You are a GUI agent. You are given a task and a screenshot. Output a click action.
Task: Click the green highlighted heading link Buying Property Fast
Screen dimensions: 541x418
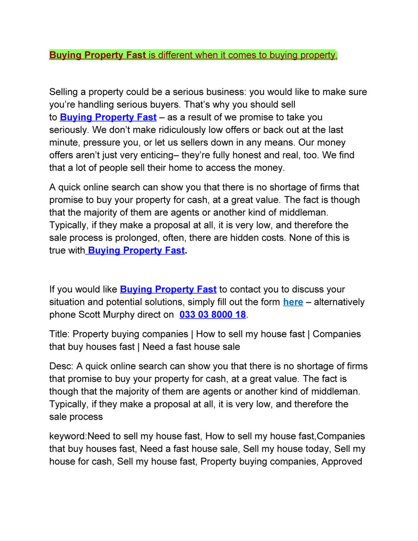[x=97, y=55]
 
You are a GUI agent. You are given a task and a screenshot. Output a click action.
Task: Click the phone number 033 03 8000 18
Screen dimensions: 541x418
[x=213, y=315]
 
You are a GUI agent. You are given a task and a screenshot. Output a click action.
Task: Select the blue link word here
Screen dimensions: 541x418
[x=293, y=302]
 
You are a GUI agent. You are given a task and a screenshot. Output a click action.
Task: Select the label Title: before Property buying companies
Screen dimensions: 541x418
[x=59, y=334]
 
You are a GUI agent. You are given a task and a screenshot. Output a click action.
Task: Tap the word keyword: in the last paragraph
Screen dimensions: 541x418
[x=68, y=436]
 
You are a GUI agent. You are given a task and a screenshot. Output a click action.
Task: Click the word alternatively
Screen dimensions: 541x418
[x=340, y=302]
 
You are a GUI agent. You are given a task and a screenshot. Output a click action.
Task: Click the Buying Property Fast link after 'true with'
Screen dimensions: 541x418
[x=136, y=250]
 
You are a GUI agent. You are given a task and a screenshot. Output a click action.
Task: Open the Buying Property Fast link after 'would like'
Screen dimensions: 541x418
[x=168, y=289]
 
